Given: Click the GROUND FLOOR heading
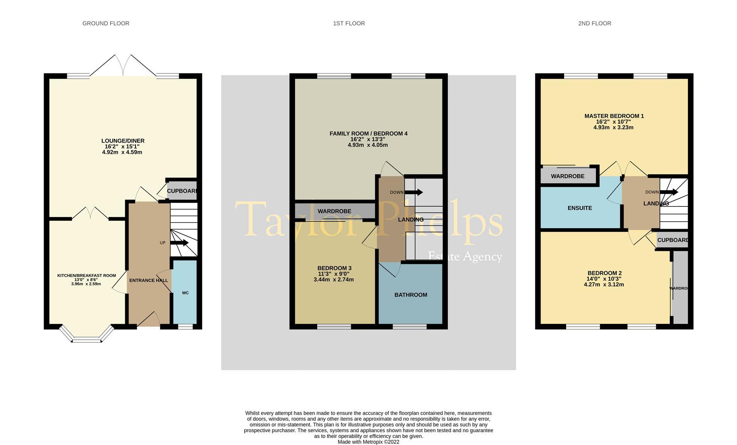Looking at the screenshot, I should [x=106, y=23].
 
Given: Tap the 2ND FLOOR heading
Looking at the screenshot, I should [x=594, y=23].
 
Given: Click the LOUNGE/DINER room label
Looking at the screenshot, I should [x=123, y=141].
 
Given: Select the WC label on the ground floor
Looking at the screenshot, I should [x=185, y=293].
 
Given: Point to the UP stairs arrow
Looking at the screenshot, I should [x=179, y=243].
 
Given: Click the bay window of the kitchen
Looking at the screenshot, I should [x=87, y=335].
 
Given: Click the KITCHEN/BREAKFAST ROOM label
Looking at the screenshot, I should [x=87, y=276].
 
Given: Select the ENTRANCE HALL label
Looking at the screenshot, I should [x=149, y=281].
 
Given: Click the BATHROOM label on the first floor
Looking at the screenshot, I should [x=411, y=295].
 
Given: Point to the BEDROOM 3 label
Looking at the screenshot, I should [x=334, y=268].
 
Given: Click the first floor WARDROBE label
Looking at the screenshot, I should [x=334, y=211].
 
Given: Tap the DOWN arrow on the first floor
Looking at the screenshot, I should [x=414, y=192].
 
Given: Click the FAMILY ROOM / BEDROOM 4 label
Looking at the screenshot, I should [x=368, y=133].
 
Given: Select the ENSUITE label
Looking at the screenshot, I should [x=580, y=208].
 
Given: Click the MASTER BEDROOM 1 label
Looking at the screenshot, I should [x=614, y=116].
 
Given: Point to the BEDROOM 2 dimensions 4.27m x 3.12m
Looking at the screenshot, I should [x=604, y=285].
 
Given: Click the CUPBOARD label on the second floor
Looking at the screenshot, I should [x=672, y=240].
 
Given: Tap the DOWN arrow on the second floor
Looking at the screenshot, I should [x=669, y=192].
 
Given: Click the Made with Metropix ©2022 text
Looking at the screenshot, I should [x=368, y=442].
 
